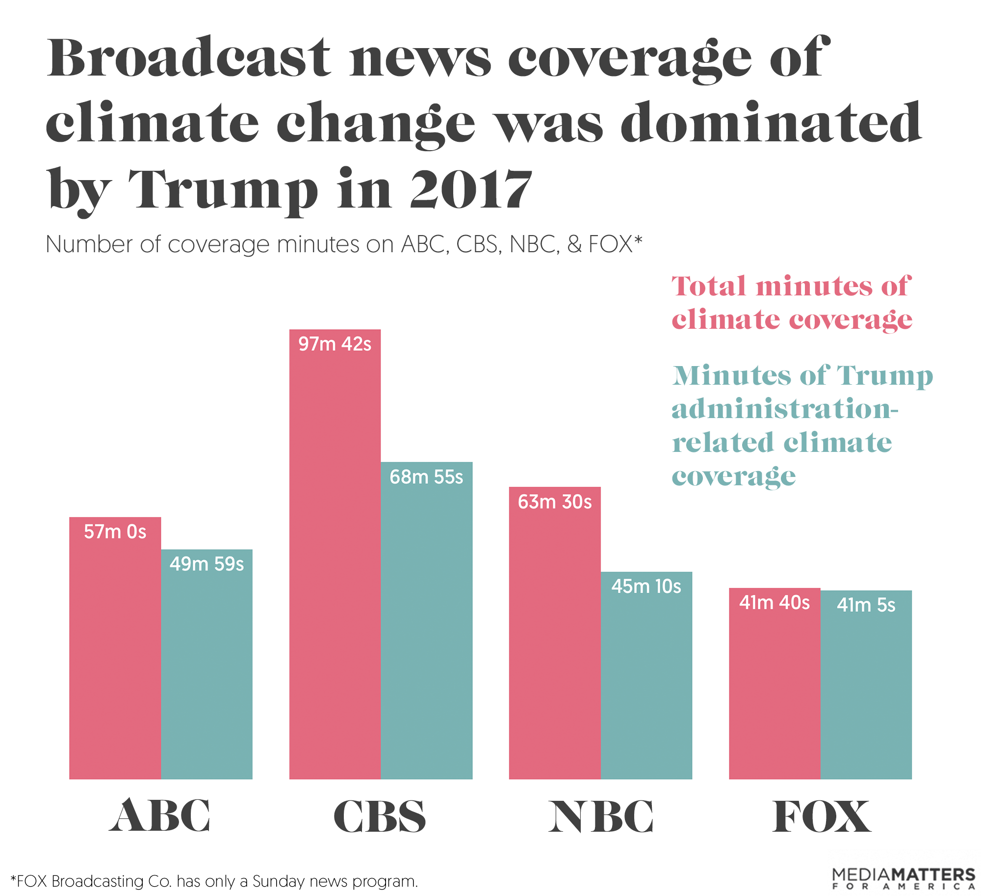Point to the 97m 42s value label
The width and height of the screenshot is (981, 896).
click(x=335, y=344)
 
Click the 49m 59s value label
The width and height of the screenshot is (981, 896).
click(x=207, y=564)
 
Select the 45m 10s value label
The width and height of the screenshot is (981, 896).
click(x=646, y=586)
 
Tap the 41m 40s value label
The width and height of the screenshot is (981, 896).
click(x=774, y=603)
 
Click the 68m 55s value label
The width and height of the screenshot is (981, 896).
click(x=426, y=477)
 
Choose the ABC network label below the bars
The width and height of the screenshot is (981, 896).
click(x=160, y=816)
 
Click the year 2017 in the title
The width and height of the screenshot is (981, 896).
click(x=471, y=189)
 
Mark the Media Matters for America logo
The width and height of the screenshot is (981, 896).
click(x=904, y=878)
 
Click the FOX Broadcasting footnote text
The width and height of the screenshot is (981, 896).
click(x=214, y=881)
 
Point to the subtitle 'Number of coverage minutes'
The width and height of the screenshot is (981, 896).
click(x=343, y=244)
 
